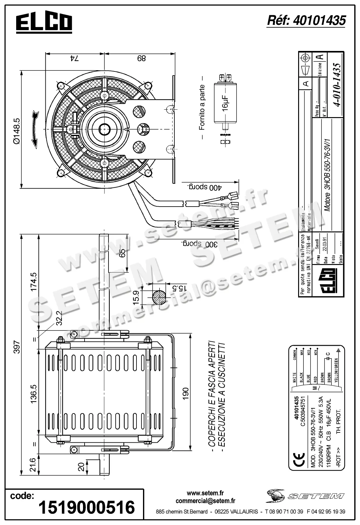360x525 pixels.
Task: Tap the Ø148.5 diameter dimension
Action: coord(16,131)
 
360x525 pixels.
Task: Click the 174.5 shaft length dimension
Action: coord(34,281)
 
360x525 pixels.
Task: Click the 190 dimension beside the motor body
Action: coord(186,394)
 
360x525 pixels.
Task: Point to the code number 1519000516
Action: coord(86,507)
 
